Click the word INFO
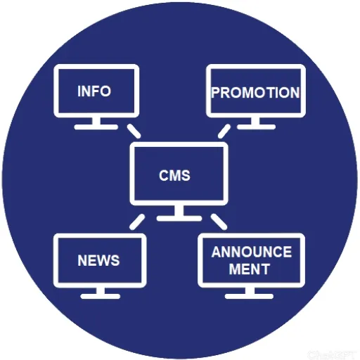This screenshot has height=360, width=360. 94,91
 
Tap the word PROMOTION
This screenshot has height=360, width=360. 255,92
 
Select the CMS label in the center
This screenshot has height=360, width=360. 174,175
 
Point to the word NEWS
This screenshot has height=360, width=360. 98,260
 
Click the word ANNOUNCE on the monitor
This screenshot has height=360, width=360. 251,252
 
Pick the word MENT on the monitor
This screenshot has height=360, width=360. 249,269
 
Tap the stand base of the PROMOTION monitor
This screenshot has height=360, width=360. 255,127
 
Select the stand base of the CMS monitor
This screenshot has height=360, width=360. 179,218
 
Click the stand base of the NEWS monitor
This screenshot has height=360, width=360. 100,296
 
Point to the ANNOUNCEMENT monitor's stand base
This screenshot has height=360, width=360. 249,296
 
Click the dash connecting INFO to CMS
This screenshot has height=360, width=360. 133,131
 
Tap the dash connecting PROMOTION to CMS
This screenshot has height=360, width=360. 224,131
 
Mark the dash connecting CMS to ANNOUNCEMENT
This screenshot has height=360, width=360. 219,222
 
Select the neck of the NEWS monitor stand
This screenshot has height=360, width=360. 100,290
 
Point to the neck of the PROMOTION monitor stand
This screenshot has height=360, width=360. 255,121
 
